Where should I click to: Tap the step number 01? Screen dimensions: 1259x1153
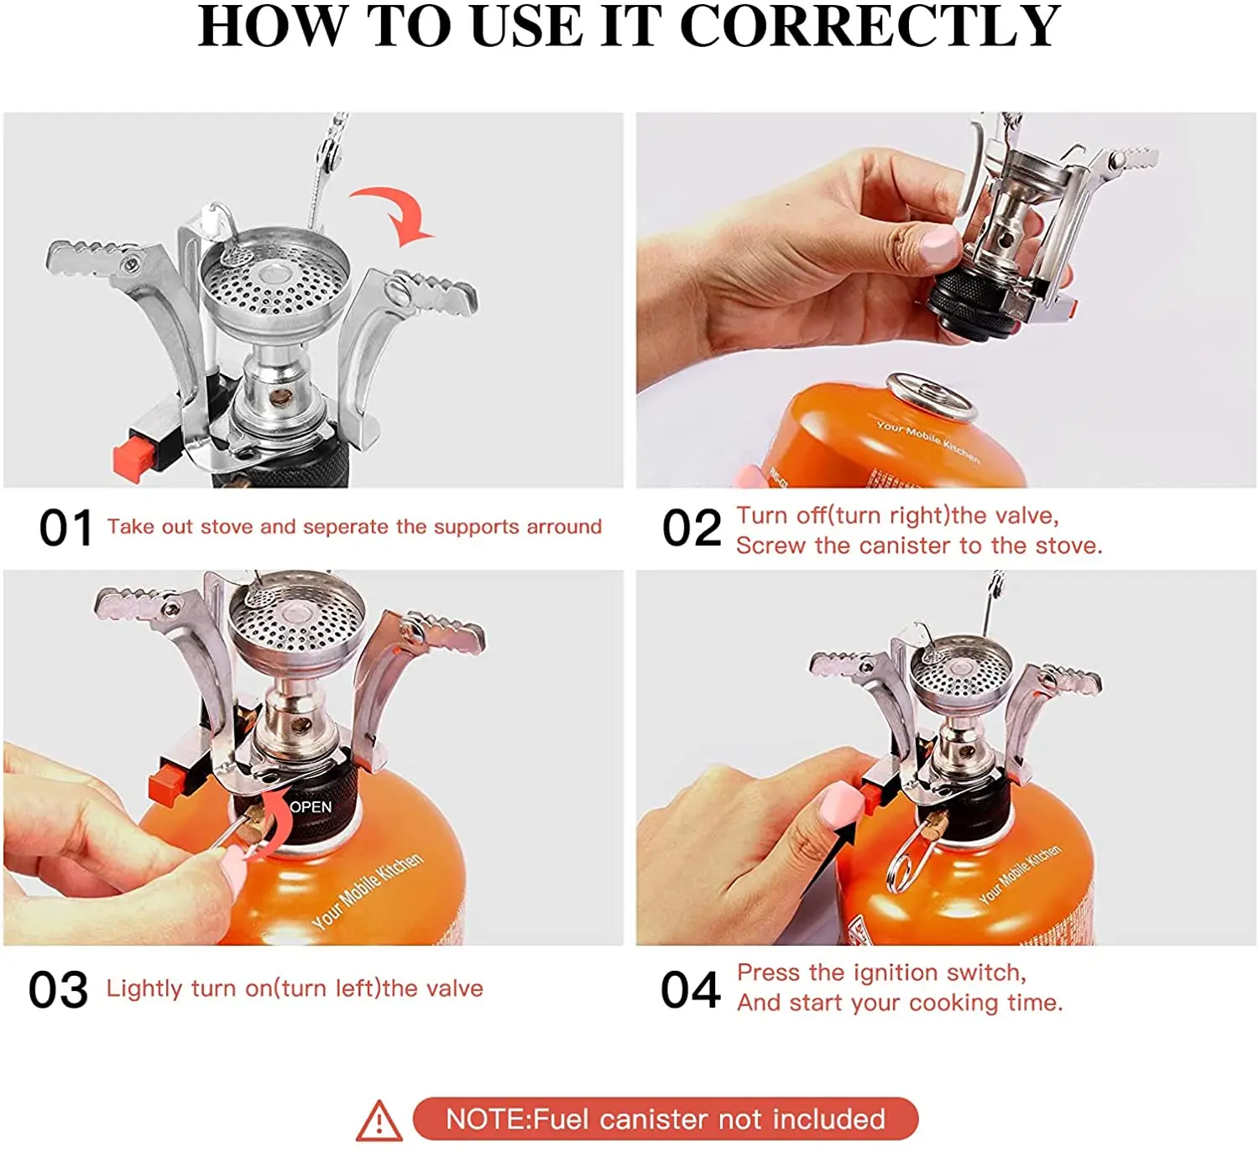pyautogui.click(x=66, y=528)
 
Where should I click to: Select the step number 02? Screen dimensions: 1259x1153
pyautogui.click(x=692, y=528)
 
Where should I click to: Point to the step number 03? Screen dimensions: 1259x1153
pyautogui.click(x=59, y=990)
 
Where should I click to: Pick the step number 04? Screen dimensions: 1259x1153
pyautogui.click(x=691, y=990)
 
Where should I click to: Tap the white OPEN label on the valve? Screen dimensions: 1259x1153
pyautogui.click(x=311, y=806)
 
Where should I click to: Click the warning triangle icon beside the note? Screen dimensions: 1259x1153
pyautogui.click(x=379, y=1121)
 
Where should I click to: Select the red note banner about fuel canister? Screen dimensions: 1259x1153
pyautogui.click(x=666, y=1119)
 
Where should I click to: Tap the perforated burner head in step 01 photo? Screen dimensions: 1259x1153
pyautogui.click(x=275, y=276)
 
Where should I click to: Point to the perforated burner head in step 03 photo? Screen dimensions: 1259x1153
pyautogui.click(x=296, y=618)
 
